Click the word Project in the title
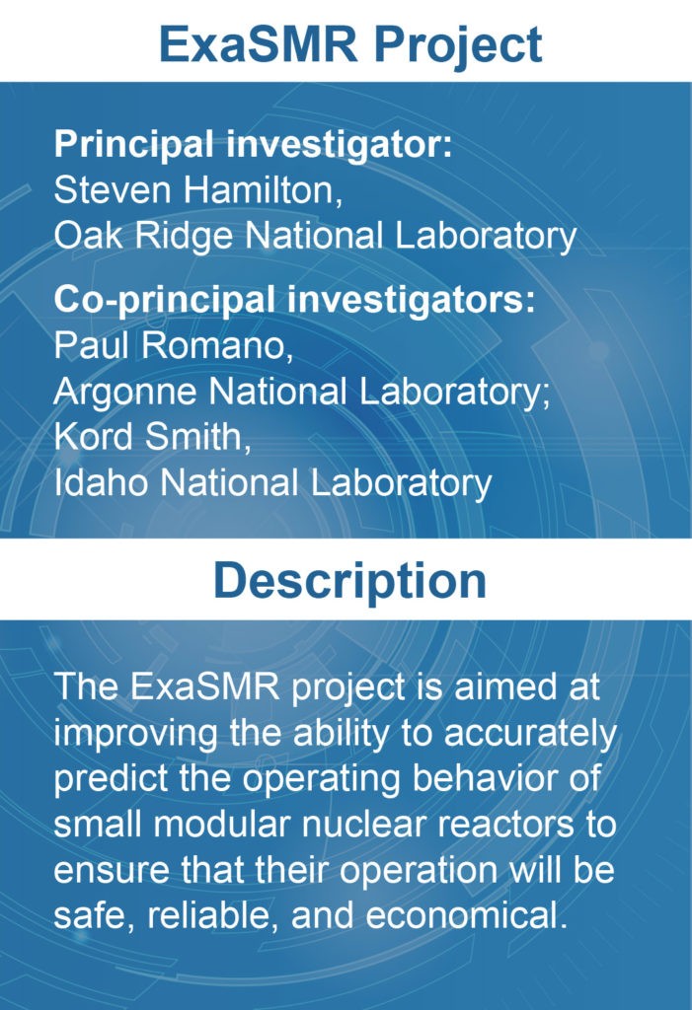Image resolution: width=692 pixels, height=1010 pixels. (x=459, y=45)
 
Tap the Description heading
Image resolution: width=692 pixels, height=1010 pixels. (x=349, y=581)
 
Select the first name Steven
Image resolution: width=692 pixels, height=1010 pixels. (x=114, y=190)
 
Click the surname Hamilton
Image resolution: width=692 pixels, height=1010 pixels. (x=263, y=190)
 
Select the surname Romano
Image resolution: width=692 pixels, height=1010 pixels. (x=217, y=345)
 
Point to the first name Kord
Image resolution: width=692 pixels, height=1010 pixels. (x=94, y=436)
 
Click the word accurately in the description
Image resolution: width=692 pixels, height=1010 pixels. (x=531, y=734)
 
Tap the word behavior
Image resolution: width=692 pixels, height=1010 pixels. (x=481, y=778)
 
